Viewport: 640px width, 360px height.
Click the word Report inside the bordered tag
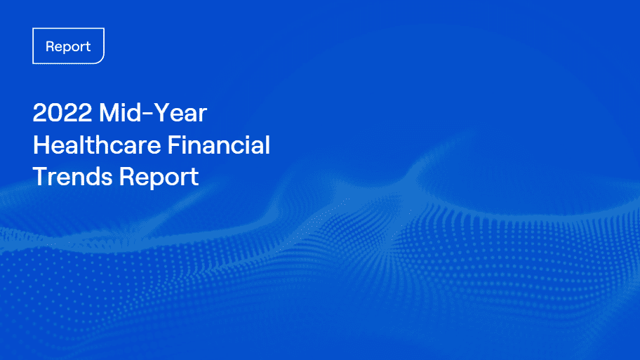pyautogui.click(x=68, y=46)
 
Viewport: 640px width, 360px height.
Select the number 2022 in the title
pyautogui.click(x=62, y=113)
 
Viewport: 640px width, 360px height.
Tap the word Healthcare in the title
pyautogui.click(x=97, y=145)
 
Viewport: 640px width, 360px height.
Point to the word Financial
pyautogui.click(x=219, y=145)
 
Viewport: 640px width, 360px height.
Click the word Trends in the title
pyautogui.click(x=72, y=176)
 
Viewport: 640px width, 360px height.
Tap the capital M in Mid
pyautogui.click(x=109, y=112)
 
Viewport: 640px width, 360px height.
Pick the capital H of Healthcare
pyautogui.click(x=41, y=145)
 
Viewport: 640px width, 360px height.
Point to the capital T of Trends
pyautogui.click(x=41, y=176)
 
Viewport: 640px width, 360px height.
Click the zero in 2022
pyautogui.click(x=55, y=113)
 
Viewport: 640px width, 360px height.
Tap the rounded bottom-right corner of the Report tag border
pyautogui.click(x=101, y=61)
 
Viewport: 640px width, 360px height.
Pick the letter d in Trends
pyautogui.click(x=91, y=176)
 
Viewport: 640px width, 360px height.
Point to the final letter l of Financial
pyautogui.click(x=268, y=145)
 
